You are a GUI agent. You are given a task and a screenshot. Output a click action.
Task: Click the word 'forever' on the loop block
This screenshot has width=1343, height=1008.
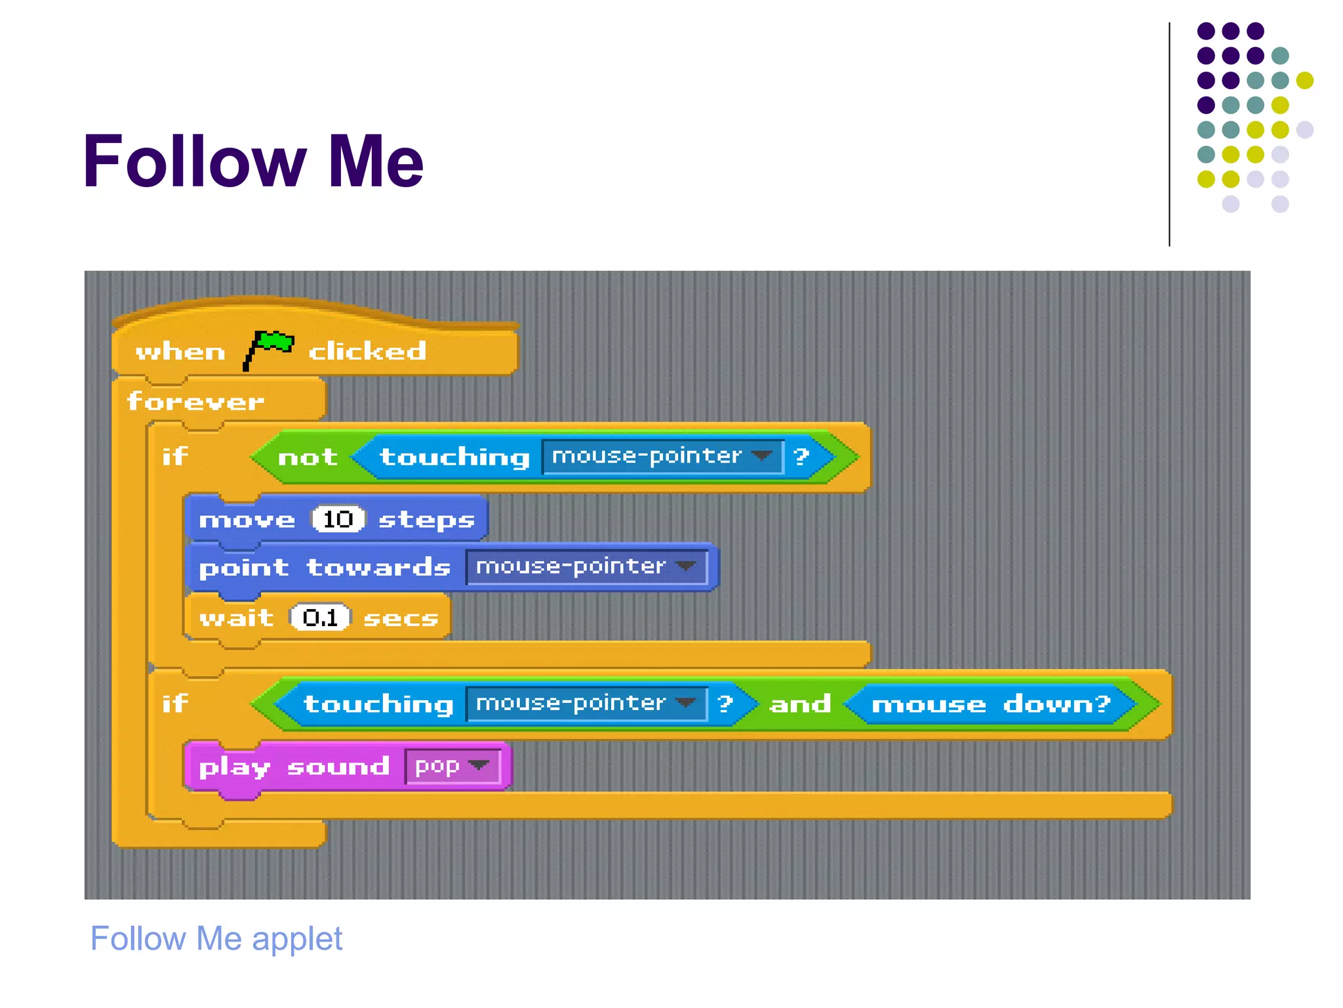point(195,401)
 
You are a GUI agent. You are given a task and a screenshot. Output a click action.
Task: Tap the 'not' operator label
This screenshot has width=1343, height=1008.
point(308,457)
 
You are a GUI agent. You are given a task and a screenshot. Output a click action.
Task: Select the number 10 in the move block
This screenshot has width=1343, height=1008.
point(338,519)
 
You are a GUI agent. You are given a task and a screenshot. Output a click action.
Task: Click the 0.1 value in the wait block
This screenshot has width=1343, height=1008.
point(320,617)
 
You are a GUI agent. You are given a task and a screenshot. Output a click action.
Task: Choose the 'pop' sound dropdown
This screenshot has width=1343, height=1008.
point(452,766)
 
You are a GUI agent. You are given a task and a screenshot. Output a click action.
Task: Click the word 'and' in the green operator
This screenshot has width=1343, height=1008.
point(800,703)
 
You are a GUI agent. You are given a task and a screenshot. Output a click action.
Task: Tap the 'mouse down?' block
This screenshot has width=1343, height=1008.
point(990,703)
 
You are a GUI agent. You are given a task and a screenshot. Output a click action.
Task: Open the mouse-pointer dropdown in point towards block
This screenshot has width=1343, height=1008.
point(586,566)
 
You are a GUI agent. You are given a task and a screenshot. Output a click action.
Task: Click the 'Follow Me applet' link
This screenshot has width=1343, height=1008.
point(216,938)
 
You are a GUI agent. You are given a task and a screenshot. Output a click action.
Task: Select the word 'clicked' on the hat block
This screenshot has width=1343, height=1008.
point(367,351)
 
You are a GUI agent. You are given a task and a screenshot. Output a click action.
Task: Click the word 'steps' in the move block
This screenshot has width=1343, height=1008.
point(426,520)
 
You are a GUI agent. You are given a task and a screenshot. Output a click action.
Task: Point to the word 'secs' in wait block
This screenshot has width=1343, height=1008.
point(401,618)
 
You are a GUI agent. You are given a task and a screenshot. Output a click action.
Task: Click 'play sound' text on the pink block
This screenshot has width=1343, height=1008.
point(294,766)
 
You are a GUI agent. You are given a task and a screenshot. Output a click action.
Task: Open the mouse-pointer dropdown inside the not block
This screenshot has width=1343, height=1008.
point(662,456)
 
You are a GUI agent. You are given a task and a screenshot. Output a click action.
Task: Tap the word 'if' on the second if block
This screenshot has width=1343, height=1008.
point(175,703)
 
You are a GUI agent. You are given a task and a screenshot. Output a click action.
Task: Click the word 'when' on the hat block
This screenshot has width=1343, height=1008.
point(180,352)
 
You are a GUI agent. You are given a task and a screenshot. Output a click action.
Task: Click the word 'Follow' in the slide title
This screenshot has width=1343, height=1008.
point(195,161)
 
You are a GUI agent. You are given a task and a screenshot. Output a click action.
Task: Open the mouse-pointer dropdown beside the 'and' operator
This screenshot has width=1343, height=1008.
point(586,703)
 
